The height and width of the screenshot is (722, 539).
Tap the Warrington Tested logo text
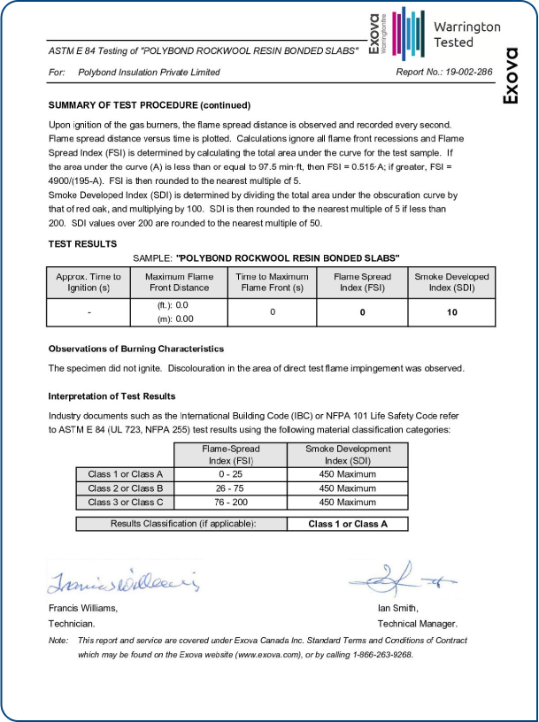[x=466, y=35]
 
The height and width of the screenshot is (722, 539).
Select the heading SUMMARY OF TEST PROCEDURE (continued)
[x=149, y=104]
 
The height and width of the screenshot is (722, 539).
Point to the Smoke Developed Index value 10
[x=451, y=312]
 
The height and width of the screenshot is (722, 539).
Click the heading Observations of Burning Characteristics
[x=135, y=349]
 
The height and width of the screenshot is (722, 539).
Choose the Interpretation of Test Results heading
[x=112, y=396]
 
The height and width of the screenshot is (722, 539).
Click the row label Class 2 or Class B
[x=125, y=488]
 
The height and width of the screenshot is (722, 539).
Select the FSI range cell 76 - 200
[x=230, y=502]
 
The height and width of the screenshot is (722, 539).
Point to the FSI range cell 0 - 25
[x=230, y=473]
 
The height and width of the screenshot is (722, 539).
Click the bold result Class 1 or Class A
[x=348, y=524]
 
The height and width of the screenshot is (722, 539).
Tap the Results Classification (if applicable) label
[x=182, y=524]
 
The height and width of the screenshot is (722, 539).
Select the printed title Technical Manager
[x=417, y=624]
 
